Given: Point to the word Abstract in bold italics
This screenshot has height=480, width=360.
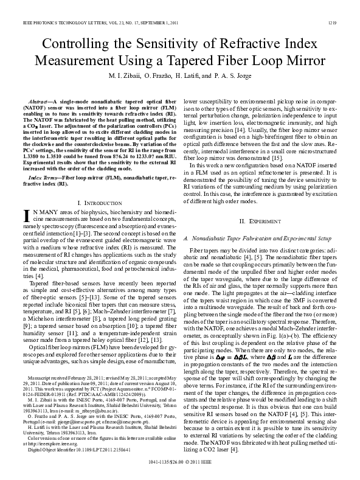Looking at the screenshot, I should click(x=40, y=99).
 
